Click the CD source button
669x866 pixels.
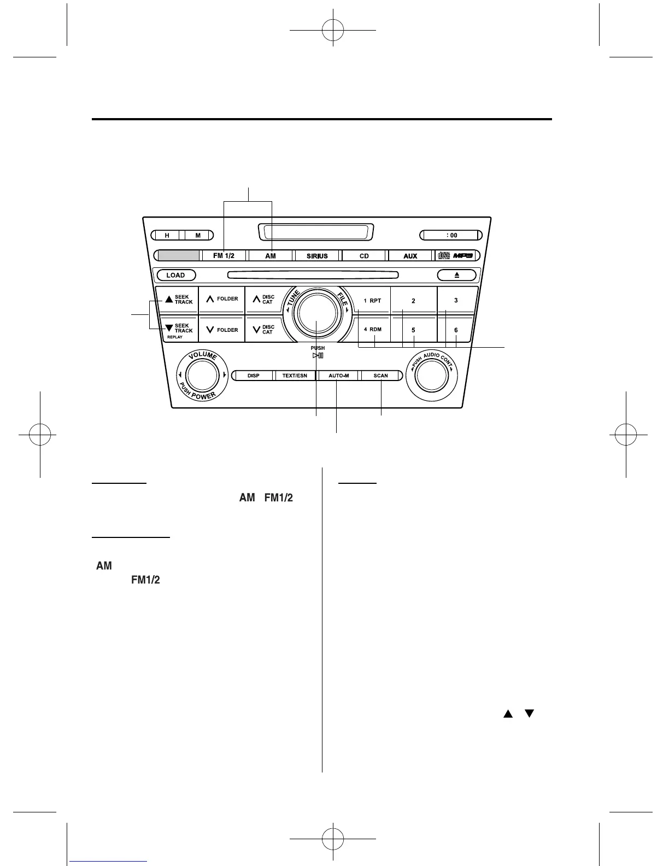click(x=364, y=256)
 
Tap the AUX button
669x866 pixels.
click(x=410, y=256)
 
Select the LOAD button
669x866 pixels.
click(x=175, y=275)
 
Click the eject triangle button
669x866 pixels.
click(x=457, y=275)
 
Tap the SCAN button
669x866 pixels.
click(x=381, y=376)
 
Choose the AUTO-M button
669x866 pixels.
click(x=338, y=376)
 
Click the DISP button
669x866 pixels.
click(x=253, y=376)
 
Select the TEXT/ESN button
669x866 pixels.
click(x=295, y=376)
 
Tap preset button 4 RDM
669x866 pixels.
click(x=373, y=330)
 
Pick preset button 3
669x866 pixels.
click(x=456, y=300)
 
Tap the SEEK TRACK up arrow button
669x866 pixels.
click(x=177, y=300)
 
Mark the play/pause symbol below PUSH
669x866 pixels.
click(x=318, y=355)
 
